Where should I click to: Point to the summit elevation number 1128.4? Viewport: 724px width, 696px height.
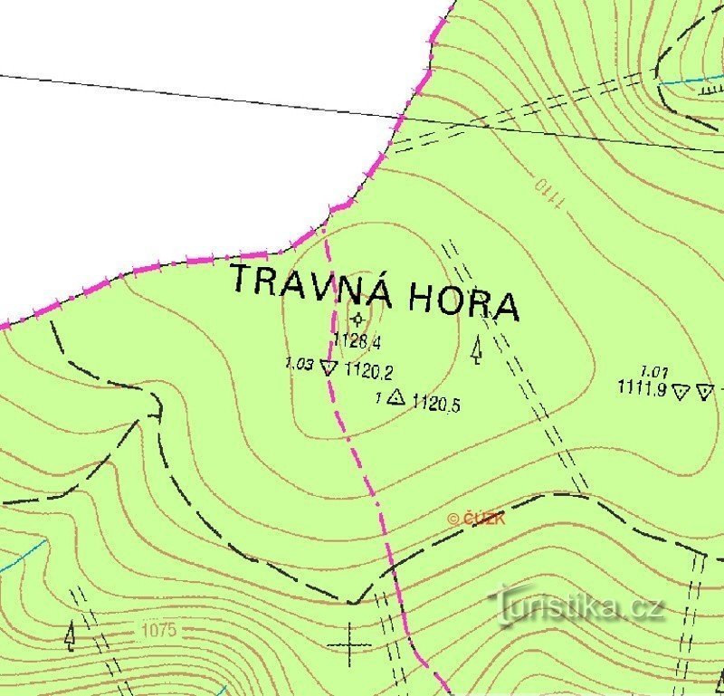pos(357,341)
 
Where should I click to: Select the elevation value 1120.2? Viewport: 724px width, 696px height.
pos(368,370)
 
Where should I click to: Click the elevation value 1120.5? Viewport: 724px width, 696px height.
pos(436,404)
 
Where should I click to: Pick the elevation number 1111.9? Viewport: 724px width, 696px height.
pos(642,389)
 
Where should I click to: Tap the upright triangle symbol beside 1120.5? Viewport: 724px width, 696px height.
pos(395,396)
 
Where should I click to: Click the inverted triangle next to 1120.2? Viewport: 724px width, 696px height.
pos(329,367)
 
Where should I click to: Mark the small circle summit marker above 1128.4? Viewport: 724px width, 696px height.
pos(358,319)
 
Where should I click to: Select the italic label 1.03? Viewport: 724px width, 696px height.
pos(299,364)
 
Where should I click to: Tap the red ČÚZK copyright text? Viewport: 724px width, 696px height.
pos(476,519)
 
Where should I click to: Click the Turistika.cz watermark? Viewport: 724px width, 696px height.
pos(579,605)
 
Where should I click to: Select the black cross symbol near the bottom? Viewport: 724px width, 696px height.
pos(349,644)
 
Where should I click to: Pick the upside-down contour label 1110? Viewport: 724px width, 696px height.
pos(548,194)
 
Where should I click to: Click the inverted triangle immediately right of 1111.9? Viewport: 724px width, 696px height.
pos(681,391)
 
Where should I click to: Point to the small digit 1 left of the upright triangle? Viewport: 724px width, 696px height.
pos(378,396)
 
